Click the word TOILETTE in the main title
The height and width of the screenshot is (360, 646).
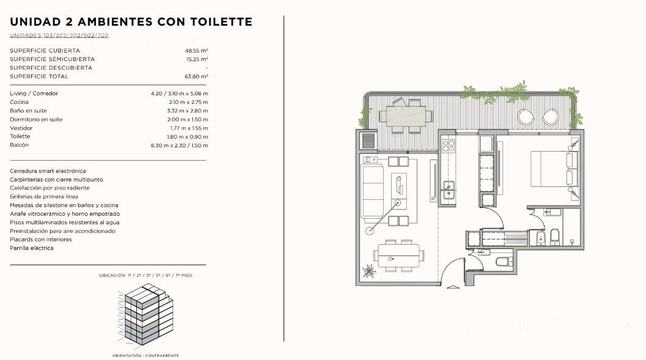point(221,22)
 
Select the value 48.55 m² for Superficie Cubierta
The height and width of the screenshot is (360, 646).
point(197,51)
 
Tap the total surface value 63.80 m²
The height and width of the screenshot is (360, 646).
point(196,76)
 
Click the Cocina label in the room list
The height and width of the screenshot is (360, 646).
point(20,102)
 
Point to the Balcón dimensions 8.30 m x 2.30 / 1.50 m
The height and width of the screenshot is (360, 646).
point(179,145)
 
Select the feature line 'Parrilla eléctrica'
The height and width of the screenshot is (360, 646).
point(32,248)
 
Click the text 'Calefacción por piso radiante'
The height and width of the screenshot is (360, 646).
point(50,188)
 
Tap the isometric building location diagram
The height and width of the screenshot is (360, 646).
point(145,314)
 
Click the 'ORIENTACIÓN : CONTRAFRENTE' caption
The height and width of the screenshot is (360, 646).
point(145,356)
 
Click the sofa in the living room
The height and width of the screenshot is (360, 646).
point(372,191)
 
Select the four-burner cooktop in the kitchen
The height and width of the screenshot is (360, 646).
point(448,145)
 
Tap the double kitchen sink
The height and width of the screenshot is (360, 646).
point(448,191)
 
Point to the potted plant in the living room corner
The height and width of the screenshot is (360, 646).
point(369,271)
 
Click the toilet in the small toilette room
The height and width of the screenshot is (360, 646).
point(504,261)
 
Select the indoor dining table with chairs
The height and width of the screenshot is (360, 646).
point(398,255)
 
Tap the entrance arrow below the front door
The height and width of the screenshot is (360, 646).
point(453,287)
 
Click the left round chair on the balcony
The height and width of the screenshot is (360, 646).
point(526,117)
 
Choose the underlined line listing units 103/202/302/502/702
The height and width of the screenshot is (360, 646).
point(59,35)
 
